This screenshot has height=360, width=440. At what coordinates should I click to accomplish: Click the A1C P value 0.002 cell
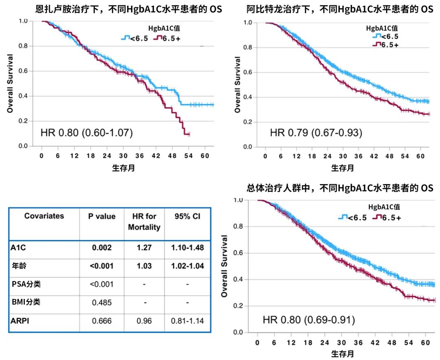point(102,247)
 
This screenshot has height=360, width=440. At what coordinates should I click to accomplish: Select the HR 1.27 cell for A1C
point(144,247)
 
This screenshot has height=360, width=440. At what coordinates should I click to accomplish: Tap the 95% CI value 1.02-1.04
point(187,266)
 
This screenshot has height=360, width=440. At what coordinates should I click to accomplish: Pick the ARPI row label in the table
point(21,321)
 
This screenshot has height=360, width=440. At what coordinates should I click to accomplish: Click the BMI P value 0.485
point(102,302)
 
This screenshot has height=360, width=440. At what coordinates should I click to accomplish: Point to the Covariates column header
point(44,216)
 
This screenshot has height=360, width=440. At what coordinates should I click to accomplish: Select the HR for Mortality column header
point(144,222)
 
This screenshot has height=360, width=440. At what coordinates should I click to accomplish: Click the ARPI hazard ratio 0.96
point(144,321)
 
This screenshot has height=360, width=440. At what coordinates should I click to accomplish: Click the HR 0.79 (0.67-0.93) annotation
point(316,132)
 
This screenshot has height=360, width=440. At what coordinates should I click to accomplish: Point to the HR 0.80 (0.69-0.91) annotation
point(308,320)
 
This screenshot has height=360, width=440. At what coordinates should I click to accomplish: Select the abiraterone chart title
point(340,9)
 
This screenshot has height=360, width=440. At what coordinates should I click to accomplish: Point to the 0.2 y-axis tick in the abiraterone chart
point(248,122)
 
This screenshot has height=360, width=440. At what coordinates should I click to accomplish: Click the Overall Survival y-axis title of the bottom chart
point(224,266)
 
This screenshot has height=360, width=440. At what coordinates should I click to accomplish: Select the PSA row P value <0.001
point(102,284)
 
